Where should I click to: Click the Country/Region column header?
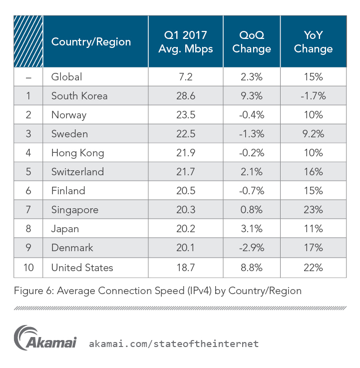(91, 42)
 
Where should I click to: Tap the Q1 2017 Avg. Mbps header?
(185, 42)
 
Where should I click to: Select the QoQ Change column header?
(252, 42)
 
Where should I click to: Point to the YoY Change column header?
(313, 42)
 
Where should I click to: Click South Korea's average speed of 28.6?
(185, 96)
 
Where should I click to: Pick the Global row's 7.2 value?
(185, 77)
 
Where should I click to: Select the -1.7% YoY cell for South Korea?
(313, 96)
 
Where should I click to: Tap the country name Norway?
(69, 115)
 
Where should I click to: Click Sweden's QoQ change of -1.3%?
(252, 134)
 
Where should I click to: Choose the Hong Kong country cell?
(77, 153)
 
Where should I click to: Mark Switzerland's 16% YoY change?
(313, 172)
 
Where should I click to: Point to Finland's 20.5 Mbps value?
(185, 191)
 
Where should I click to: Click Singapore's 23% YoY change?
(313, 210)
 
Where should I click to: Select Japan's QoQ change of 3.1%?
(252, 229)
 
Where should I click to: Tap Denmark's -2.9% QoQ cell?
(252, 248)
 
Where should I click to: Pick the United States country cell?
(82, 268)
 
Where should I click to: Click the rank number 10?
(28, 268)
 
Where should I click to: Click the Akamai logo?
(45, 338)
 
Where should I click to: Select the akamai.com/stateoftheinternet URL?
(174, 344)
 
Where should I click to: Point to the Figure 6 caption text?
(157, 291)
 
